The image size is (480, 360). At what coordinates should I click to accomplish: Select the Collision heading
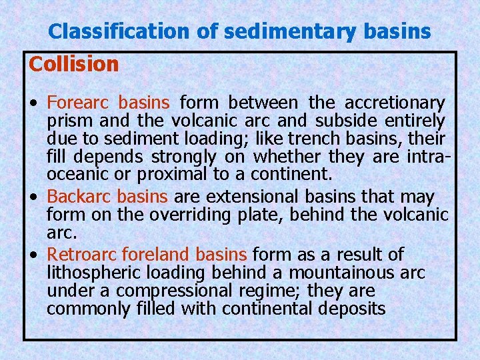click(x=74, y=65)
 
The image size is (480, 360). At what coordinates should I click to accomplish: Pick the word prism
click(x=66, y=121)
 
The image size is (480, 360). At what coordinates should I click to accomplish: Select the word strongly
click(x=184, y=157)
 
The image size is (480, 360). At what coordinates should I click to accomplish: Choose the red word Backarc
click(x=79, y=197)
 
